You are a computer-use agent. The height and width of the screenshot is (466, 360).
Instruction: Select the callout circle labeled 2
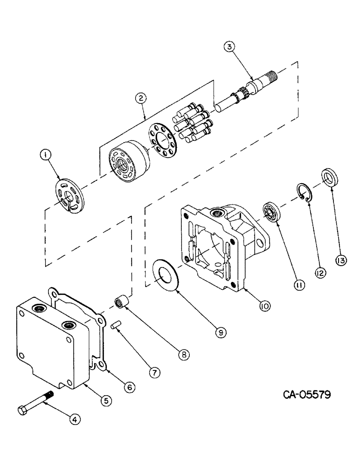click(139, 98)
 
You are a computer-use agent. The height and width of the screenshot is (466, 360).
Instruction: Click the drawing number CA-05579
click(307, 395)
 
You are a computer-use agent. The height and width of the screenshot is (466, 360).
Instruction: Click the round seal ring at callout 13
click(330, 178)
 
